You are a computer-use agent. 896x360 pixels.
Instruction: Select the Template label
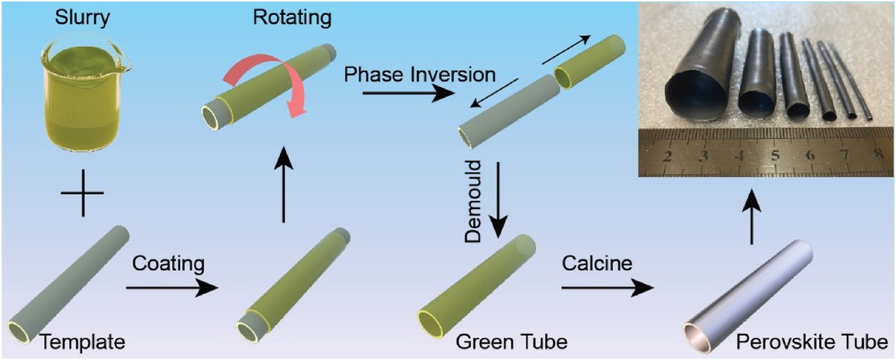click(81, 342)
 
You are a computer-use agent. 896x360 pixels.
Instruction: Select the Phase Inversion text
click(420, 75)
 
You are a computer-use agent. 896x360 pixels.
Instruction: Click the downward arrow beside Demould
click(498, 196)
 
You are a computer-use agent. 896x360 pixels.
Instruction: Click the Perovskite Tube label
click(811, 343)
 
